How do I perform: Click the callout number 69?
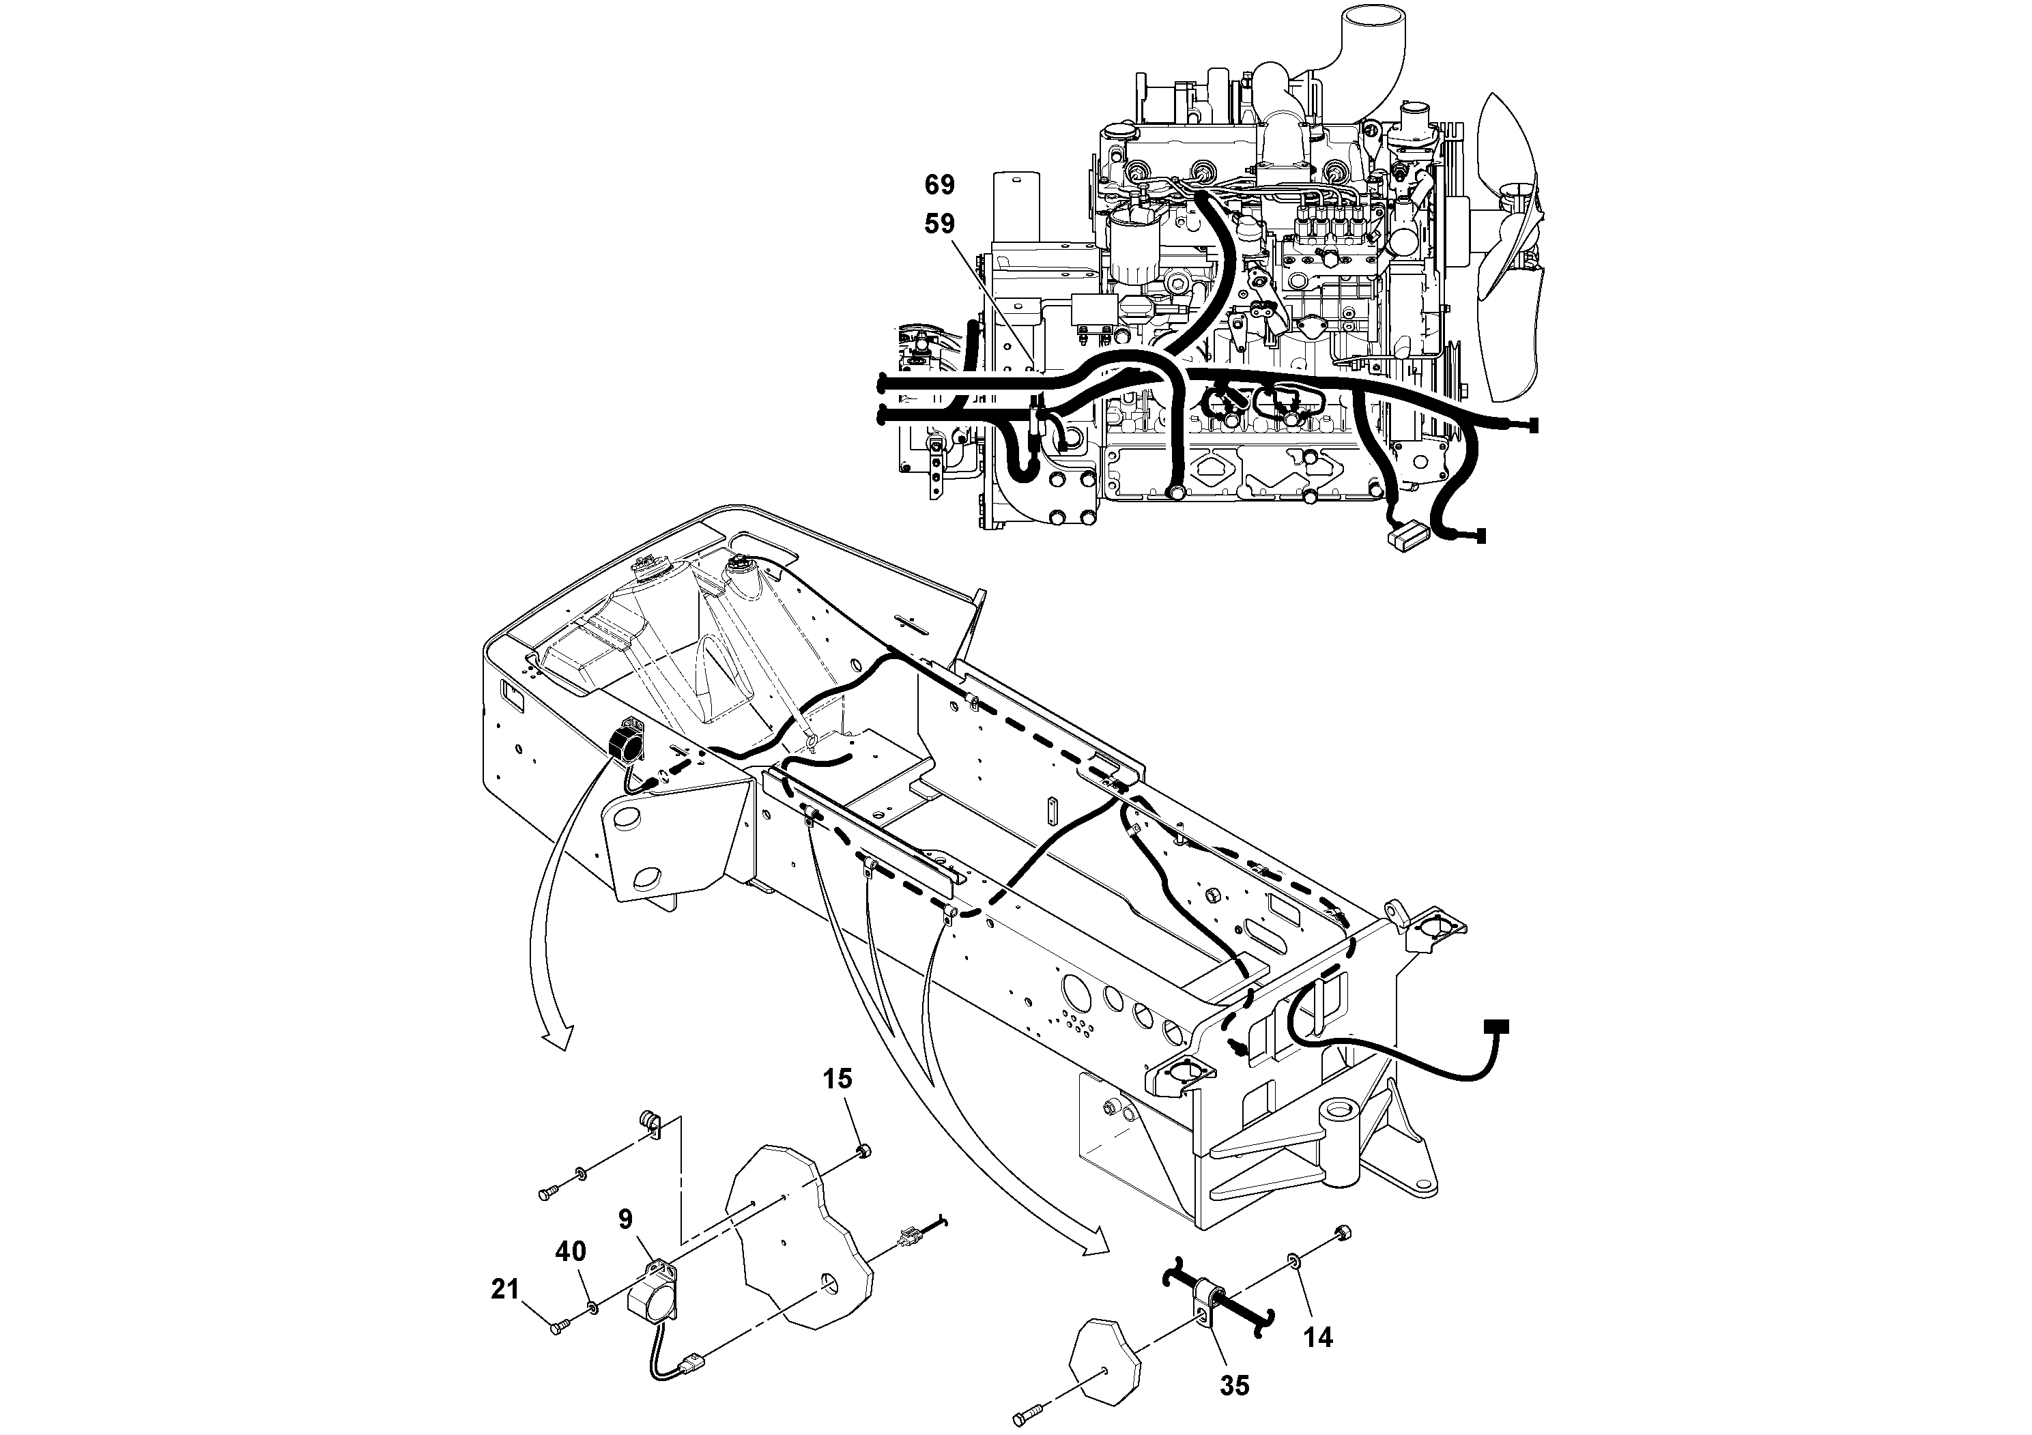[x=939, y=185]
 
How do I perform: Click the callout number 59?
[x=939, y=224]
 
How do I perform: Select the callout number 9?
[x=626, y=1220]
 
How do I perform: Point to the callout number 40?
[x=571, y=1252]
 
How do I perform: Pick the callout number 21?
[x=504, y=1290]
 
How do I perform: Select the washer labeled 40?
[x=591, y=1307]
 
